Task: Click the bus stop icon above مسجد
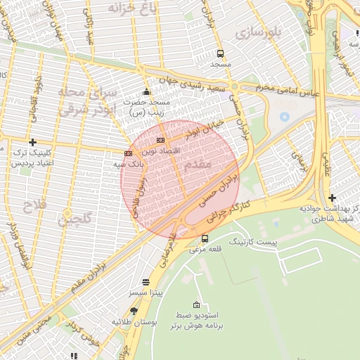pos(220,53)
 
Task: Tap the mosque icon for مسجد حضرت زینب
pos(146,91)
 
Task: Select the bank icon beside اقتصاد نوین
pos(161,141)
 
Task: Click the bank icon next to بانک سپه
pos(128,153)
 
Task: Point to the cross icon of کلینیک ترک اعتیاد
pos(32,142)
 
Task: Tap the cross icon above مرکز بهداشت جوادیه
pos(332,198)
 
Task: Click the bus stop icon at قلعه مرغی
pos(205,238)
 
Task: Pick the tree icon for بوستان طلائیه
pos(134,311)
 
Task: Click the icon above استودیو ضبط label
pos(196,305)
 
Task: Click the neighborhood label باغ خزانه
pos(134,8)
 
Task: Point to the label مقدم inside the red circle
pos(196,164)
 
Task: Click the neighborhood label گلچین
pos(75,220)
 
